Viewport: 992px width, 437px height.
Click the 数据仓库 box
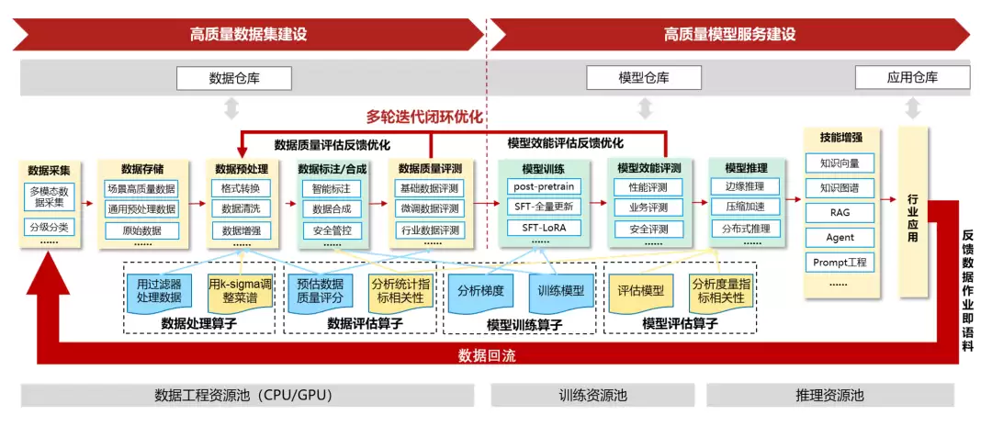click(x=234, y=78)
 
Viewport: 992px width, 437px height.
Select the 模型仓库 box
click(x=644, y=78)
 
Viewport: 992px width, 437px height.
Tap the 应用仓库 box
click(x=911, y=78)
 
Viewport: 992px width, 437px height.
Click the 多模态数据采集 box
click(x=50, y=196)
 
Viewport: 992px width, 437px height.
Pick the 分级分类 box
click(x=50, y=227)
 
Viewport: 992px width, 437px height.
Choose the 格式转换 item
click(x=241, y=188)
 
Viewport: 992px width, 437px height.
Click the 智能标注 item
click(x=332, y=188)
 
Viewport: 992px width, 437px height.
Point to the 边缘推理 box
click(x=744, y=187)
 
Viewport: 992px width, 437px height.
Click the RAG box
click(x=840, y=212)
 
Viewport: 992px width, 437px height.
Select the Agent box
click(x=840, y=237)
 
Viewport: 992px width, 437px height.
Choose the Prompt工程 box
click(x=840, y=262)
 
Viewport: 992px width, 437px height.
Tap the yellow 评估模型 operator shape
click(x=640, y=291)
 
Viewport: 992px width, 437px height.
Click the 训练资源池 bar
click(x=592, y=396)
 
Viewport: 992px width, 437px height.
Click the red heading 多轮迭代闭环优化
click(x=424, y=117)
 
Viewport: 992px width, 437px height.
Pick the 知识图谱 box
click(x=840, y=188)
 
